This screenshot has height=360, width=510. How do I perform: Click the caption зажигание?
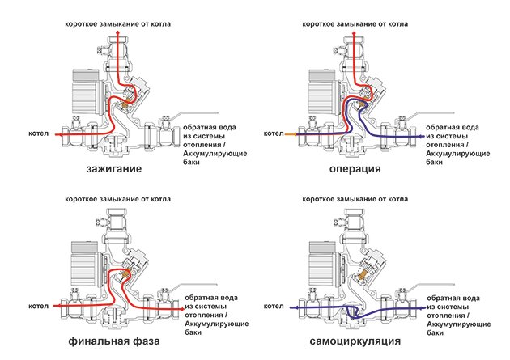click(x=114, y=169)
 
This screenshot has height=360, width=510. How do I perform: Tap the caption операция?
click(x=355, y=169)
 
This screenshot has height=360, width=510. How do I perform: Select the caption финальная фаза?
click(x=114, y=341)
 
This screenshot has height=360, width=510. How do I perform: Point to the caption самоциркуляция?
click(x=355, y=341)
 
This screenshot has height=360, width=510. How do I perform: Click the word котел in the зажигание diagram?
click(x=38, y=133)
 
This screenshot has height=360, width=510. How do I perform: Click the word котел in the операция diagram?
click(x=274, y=133)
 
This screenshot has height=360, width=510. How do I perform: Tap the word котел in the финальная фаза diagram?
click(x=38, y=306)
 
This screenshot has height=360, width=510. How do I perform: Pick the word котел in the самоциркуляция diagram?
click(x=274, y=306)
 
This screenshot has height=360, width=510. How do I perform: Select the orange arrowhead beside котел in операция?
click(x=295, y=133)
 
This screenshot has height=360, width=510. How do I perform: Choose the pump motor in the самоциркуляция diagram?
click(x=323, y=264)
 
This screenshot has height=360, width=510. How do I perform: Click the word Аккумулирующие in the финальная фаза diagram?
click(x=217, y=324)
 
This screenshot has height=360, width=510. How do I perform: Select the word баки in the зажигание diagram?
click(x=191, y=162)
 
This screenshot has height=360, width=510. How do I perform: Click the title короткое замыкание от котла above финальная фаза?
click(x=117, y=199)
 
